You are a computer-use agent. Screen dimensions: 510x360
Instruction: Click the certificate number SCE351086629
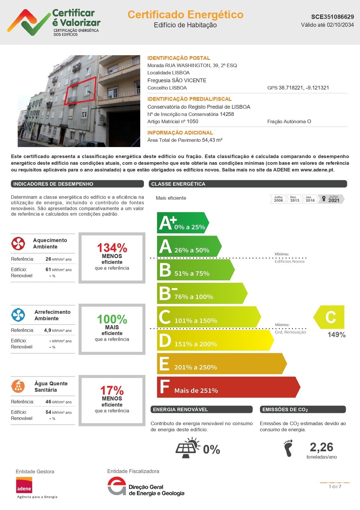pyautogui.click(x=332, y=17)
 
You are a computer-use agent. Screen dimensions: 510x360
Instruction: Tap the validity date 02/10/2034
pyautogui.click(x=340, y=25)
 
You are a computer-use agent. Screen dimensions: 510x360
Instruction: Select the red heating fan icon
pyautogui.click(x=18, y=244)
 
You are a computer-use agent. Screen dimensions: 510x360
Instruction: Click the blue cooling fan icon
pyautogui.click(x=18, y=315)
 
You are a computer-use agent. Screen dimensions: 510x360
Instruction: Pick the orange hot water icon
pyautogui.click(x=18, y=386)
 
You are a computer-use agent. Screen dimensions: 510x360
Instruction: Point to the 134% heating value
pyautogui.click(x=112, y=248)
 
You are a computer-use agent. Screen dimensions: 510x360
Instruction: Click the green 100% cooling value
pyautogui.click(x=112, y=319)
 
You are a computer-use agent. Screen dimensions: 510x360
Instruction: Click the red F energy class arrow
pyautogui.click(x=228, y=387)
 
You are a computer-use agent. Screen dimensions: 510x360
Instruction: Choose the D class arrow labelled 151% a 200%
pyautogui.click(x=215, y=340)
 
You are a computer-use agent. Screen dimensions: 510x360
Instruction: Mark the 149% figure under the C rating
pyautogui.click(x=336, y=335)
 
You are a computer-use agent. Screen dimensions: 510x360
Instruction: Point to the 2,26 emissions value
pyautogui.click(x=321, y=447)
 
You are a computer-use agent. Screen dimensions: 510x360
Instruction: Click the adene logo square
pyautogui.click(x=24, y=485)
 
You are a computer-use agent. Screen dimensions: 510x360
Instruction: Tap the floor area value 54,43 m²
pyautogui.click(x=212, y=140)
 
